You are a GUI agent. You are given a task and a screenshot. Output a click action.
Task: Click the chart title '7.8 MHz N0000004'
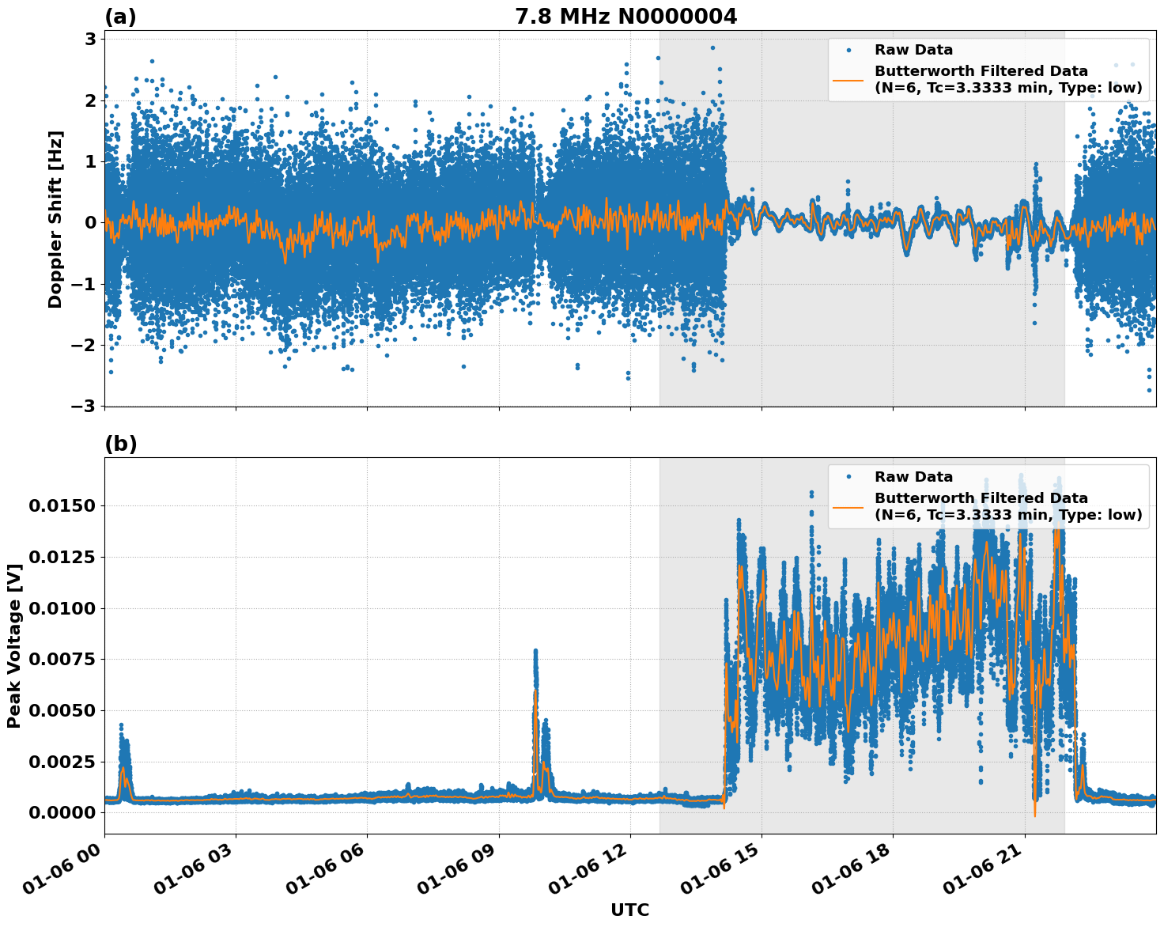pos(625,16)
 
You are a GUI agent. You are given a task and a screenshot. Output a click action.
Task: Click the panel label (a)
pos(120,17)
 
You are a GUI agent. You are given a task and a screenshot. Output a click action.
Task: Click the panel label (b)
pos(120,444)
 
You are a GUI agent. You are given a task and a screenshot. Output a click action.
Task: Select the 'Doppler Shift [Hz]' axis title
pos(55,219)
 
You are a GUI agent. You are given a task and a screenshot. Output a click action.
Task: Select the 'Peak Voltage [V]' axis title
pos(13,645)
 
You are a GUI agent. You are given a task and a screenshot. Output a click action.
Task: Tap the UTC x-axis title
pos(629,910)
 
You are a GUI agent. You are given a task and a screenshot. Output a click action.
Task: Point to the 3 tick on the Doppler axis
pos(90,39)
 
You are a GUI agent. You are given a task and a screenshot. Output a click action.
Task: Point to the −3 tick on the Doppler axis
pos(83,406)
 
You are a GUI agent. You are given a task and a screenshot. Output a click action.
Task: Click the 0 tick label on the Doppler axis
pos(90,222)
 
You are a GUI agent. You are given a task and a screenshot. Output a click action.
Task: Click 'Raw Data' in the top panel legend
pos(913,50)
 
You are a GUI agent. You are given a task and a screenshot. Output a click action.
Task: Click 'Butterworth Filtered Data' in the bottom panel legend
pos(981,498)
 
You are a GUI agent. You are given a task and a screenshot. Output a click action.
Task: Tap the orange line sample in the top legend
pos(848,79)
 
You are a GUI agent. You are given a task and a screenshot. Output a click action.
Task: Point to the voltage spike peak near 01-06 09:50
pos(535,651)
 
